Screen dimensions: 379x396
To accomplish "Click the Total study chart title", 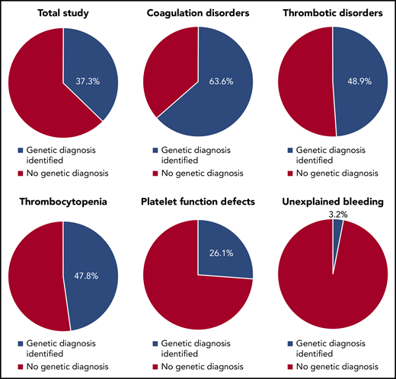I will (62, 13).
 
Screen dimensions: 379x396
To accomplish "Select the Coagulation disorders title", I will (197, 13).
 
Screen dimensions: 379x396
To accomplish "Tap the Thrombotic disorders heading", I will (332, 13).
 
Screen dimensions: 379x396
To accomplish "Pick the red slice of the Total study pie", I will (38, 84).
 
